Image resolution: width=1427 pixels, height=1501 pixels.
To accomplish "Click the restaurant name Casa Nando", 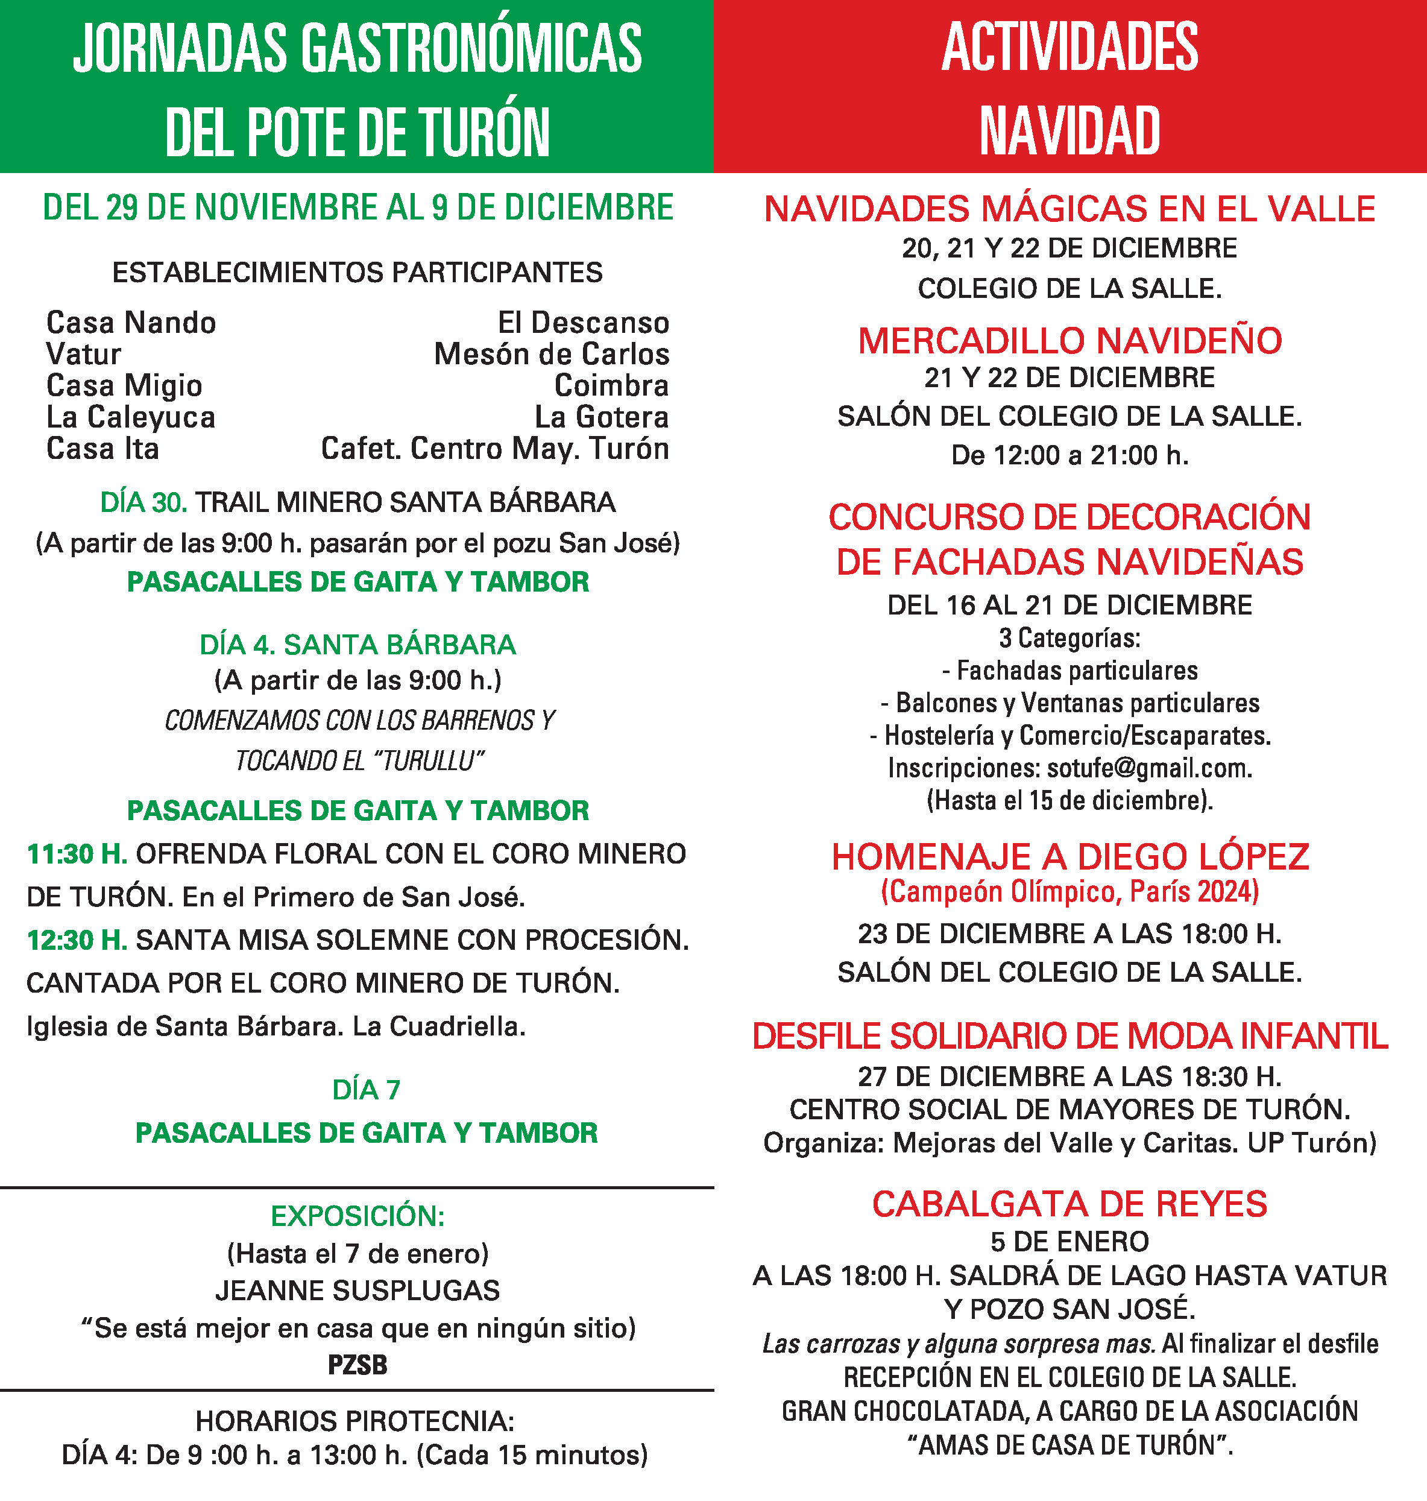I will pyautogui.click(x=131, y=323).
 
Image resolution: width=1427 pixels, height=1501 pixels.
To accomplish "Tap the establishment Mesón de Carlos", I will pyautogui.click(x=552, y=355).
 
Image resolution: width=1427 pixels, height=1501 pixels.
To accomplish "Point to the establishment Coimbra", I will pyautogui.click(x=611, y=386).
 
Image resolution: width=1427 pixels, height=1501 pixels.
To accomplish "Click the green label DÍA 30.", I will pyautogui.click(x=143, y=503).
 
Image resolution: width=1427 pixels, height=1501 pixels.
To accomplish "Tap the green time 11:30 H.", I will pyautogui.click(x=77, y=855).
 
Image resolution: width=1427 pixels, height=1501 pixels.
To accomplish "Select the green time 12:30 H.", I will pyautogui.click(x=77, y=940).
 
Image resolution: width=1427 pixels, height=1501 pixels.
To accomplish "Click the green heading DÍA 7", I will pyautogui.click(x=366, y=1090).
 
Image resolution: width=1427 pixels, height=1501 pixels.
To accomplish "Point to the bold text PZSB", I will pyautogui.click(x=358, y=1365).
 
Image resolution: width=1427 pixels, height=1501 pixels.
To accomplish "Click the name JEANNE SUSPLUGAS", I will pyautogui.click(x=358, y=1291).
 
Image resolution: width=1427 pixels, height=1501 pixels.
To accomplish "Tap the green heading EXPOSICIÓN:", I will pyautogui.click(x=358, y=1216).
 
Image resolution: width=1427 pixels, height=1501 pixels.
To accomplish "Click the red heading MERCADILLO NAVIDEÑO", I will pyautogui.click(x=1069, y=341).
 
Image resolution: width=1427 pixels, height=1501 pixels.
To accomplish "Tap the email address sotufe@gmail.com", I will pyautogui.click(x=1148, y=768).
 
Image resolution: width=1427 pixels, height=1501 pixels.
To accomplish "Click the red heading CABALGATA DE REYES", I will pyautogui.click(x=1069, y=1204).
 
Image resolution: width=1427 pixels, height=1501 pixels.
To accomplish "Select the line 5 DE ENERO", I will pyautogui.click(x=1069, y=1242).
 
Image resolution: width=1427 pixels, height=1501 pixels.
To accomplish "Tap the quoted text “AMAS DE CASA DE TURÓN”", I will pyautogui.click(x=1069, y=1446).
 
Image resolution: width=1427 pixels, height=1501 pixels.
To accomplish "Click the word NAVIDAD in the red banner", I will pyautogui.click(x=1069, y=131).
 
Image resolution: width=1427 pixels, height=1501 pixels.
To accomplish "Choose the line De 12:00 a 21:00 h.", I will pyautogui.click(x=1069, y=456).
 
